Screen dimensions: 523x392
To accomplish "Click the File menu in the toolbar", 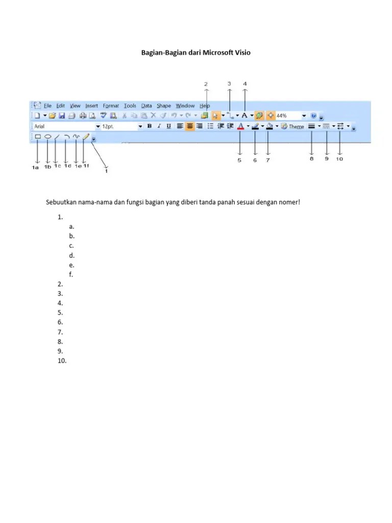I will (x=47, y=106).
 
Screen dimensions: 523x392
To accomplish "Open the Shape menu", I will (x=164, y=106).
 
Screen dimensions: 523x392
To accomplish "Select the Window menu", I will (x=185, y=106).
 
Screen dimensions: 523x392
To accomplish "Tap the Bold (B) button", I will (x=150, y=126).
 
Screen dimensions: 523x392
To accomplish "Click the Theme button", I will (x=293, y=126).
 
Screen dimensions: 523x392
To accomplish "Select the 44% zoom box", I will (x=288, y=116).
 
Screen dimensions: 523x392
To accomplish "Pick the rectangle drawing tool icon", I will (x=38, y=137).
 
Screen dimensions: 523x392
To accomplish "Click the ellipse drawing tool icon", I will (x=47, y=137).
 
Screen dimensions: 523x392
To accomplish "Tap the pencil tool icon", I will (x=86, y=137).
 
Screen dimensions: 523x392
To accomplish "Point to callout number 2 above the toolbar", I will (x=206, y=83).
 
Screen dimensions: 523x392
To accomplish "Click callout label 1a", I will (x=35, y=167).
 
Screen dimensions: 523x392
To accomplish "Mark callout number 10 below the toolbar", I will (x=339, y=159).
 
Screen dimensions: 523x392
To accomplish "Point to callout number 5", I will (x=239, y=160).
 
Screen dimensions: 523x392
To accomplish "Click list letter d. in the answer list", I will (x=72, y=255).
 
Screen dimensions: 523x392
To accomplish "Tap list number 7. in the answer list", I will (x=60, y=332).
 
